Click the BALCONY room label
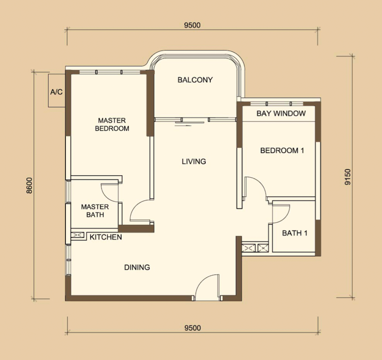click(195, 80)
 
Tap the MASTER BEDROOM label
click(112, 124)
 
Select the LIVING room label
click(194, 161)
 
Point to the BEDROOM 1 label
click(282, 150)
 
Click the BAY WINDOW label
click(281, 113)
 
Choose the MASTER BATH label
click(95, 211)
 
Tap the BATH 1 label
click(294, 233)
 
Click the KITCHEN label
click(106, 237)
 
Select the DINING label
click(137, 268)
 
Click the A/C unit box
click(57, 90)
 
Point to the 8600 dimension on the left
click(29, 185)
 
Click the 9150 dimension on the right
click(348, 177)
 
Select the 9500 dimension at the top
click(192, 26)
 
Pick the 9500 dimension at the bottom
click(193, 328)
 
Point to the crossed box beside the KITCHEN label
click(77, 235)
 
